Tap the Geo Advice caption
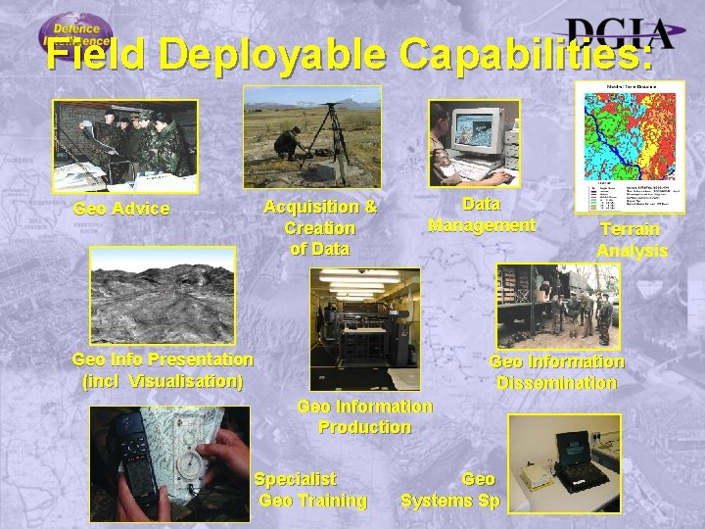pos(121,209)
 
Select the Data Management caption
pos(481,215)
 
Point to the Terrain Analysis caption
pos(631,239)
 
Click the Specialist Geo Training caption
pos(308,490)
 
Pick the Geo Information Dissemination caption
pos(556,372)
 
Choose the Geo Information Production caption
pos(364,416)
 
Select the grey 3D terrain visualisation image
pos(162,293)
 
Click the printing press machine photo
pos(364,328)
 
